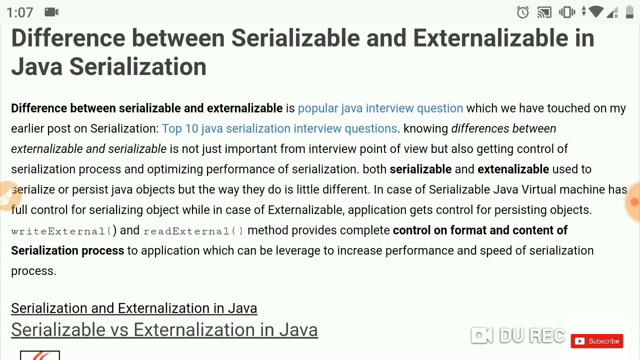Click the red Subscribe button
[x=597, y=341]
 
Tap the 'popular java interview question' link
[x=380, y=108]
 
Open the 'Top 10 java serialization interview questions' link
[x=279, y=128]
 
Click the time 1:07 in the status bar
[x=20, y=12]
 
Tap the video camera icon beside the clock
[x=51, y=12]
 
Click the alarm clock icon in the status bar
[x=523, y=12]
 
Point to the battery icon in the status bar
[x=629, y=12]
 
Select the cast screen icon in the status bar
[x=544, y=12]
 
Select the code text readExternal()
[x=193, y=230]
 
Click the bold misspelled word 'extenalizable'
[x=513, y=169]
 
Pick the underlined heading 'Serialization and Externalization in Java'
[x=134, y=308]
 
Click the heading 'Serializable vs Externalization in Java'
[x=164, y=330]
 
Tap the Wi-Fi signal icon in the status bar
[x=596, y=12]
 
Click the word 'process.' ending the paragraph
[x=33, y=271]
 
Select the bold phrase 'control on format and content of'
[x=480, y=230]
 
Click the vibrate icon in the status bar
[x=567, y=12]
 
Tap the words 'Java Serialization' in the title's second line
[x=108, y=67]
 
